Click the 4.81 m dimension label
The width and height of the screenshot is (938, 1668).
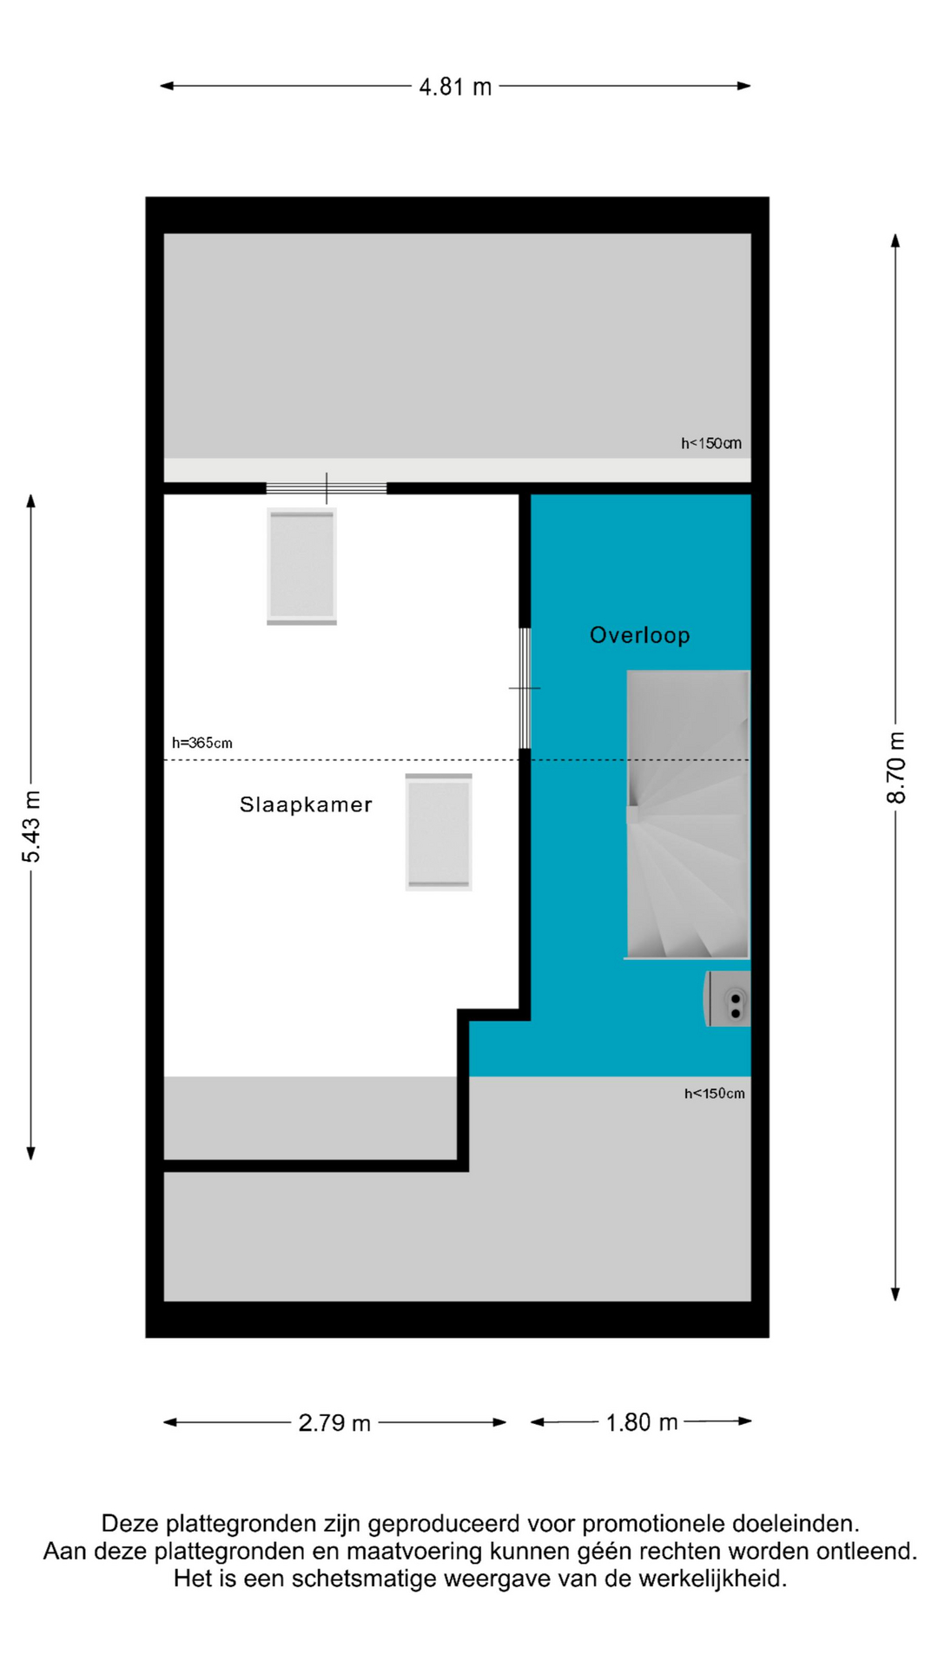[x=455, y=87]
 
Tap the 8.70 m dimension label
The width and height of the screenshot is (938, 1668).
[x=895, y=768]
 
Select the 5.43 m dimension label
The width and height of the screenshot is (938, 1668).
[x=31, y=827]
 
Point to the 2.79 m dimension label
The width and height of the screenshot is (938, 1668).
[x=334, y=1423]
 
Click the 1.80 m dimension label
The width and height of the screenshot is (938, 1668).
[x=641, y=1422]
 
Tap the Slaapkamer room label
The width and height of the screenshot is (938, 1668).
[x=306, y=804]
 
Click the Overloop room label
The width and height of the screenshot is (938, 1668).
[x=640, y=635]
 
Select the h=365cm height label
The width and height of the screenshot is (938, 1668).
[x=202, y=743]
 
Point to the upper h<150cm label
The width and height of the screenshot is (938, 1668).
[x=711, y=443]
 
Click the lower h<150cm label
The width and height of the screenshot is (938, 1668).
[x=715, y=1093]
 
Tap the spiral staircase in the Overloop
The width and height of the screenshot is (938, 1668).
[x=687, y=815]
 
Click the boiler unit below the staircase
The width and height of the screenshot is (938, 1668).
[x=727, y=999]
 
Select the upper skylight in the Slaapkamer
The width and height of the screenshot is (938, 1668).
[x=301, y=566]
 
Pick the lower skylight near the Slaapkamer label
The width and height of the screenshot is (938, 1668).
[x=439, y=831]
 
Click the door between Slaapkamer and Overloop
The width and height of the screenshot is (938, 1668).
[x=525, y=688]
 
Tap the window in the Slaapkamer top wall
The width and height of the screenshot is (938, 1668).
[x=327, y=488]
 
